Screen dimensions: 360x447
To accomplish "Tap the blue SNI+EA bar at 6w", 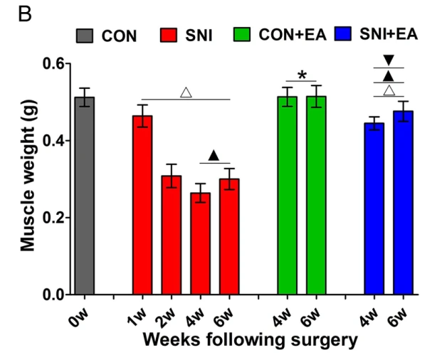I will click(x=403, y=203).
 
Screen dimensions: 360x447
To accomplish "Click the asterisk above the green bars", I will click(x=302, y=75).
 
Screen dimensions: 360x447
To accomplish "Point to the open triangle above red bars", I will click(x=186, y=92).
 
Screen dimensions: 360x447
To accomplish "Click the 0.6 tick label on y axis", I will click(x=53, y=64).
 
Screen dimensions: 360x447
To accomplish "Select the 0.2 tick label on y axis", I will click(x=53, y=218).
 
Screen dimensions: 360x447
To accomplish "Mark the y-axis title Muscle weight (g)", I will click(x=27, y=179).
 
